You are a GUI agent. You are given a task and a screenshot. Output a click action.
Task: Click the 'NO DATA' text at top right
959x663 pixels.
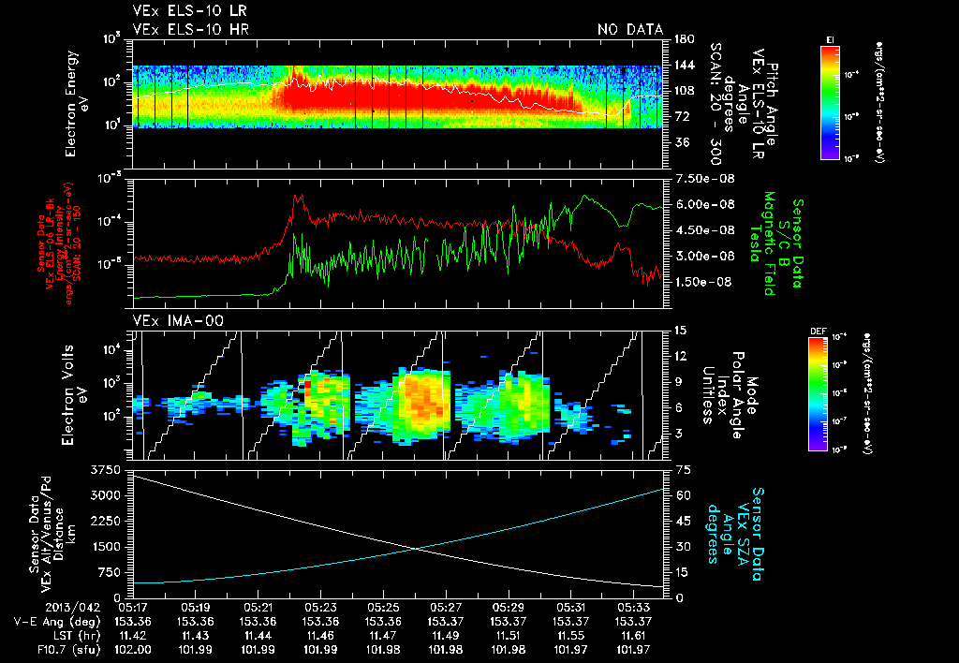click(x=630, y=30)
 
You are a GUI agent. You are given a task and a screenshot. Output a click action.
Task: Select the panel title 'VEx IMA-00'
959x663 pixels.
click(x=164, y=320)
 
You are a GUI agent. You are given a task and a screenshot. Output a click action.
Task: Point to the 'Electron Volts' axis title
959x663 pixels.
click(x=71, y=394)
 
